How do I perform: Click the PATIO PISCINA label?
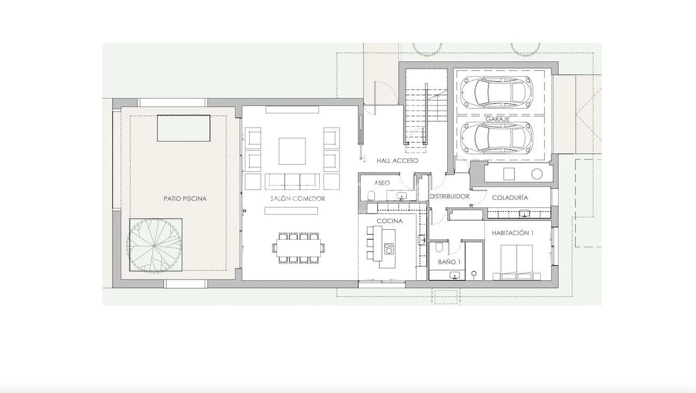[x=185, y=198]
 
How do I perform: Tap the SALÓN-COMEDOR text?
[x=297, y=198]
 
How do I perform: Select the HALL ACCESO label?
[x=397, y=160]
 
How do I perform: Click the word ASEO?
[x=382, y=183]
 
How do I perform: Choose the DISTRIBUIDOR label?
[x=449, y=196]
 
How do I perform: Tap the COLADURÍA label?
[x=510, y=198]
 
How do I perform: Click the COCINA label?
[x=389, y=221]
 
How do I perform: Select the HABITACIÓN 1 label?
[x=513, y=233]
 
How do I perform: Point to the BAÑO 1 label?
[x=449, y=262]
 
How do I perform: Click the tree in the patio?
[x=155, y=245]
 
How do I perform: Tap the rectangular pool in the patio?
[x=183, y=128]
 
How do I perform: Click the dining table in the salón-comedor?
[x=299, y=248]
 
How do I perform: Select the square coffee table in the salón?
[x=292, y=151]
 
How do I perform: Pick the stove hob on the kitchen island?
[x=389, y=249]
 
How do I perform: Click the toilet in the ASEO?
[x=371, y=196]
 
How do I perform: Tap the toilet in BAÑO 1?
[x=439, y=246]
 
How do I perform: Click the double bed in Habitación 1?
[x=517, y=262]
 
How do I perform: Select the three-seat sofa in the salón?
[x=292, y=182]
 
